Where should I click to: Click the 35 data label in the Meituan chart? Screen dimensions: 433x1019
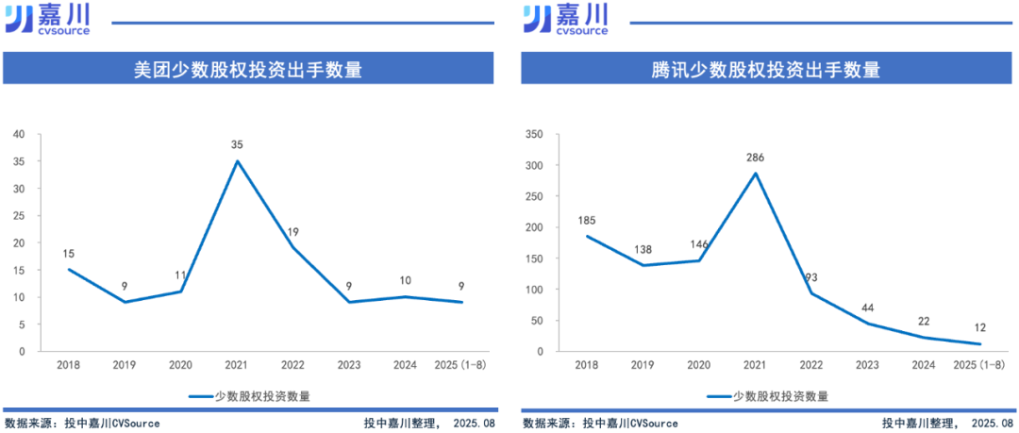coord(237,144)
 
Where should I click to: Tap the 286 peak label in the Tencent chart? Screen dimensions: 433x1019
coord(756,157)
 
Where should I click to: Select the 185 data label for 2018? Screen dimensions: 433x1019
coord(586,220)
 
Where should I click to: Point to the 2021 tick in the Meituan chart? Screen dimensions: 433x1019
coord(237,365)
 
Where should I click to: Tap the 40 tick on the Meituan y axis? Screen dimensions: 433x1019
coord(19,134)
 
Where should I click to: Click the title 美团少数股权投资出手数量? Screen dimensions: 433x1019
coord(249,70)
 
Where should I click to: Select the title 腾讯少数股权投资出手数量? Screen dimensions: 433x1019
coord(765,70)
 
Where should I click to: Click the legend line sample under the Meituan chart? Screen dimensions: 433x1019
coord(200,397)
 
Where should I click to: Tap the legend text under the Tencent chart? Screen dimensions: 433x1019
coord(780,397)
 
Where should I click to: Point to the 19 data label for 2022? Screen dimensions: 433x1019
coord(292,232)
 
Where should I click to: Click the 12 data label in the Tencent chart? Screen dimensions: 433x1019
coord(980,327)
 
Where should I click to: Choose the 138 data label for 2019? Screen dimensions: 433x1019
coord(642,249)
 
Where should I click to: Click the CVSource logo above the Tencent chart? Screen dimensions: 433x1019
coord(566,18)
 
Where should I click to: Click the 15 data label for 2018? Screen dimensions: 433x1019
coord(69,253)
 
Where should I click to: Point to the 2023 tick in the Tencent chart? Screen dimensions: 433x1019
coord(868,365)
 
